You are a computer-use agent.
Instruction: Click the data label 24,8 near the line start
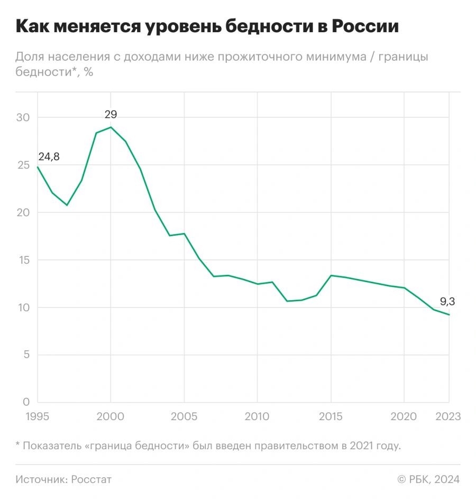click(49, 156)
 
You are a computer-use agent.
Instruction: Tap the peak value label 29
click(111, 114)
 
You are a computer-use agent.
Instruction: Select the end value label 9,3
click(447, 302)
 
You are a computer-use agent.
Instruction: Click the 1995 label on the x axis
click(37, 417)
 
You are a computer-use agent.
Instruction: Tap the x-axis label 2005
click(184, 417)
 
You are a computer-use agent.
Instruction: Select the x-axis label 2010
click(258, 417)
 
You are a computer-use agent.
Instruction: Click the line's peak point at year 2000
click(111, 127)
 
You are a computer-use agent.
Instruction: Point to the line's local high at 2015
click(331, 275)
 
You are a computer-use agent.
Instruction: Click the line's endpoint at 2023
click(449, 315)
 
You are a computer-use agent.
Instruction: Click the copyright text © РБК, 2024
click(428, 479)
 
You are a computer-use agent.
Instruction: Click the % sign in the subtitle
click(88, 72)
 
